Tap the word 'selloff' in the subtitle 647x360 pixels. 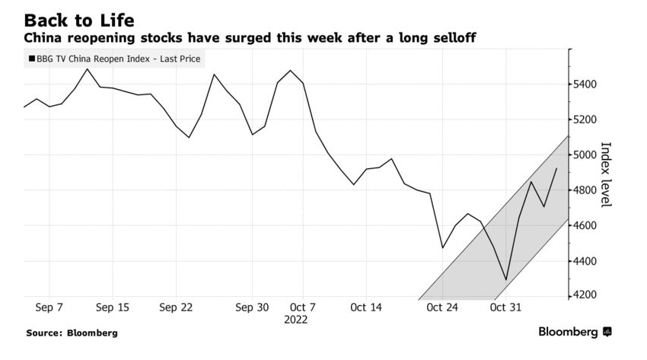tap(449, 37)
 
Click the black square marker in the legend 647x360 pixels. tap(30, 59)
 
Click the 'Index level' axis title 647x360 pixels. tap(606, 174)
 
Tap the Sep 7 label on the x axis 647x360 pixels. tap(49, 307)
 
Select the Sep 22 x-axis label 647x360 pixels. tap(177, 307)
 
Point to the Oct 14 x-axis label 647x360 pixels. tap(365, 307)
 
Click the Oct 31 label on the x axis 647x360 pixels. tap(505, 307)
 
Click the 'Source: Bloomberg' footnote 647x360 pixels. tap(72, 333)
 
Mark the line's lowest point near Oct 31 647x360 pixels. tap(505, 280)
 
